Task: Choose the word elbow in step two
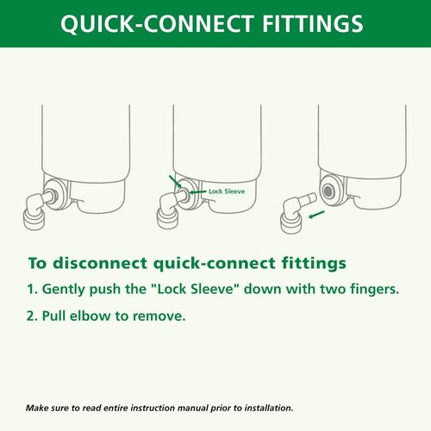[97, 316]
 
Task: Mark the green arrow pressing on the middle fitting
[176, 183]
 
